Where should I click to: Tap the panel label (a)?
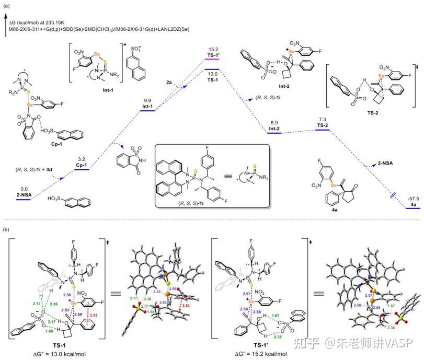(6, 5)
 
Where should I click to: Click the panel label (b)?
(6, 229)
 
